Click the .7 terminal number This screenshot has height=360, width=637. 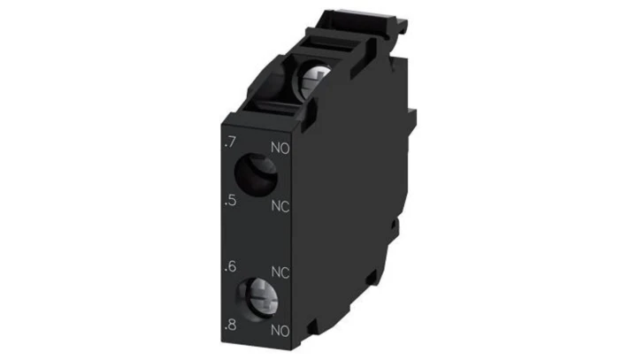230,142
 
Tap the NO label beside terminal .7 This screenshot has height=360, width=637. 280,148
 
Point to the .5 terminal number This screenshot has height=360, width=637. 230,200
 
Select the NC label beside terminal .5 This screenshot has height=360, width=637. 280,206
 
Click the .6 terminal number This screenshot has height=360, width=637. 230,266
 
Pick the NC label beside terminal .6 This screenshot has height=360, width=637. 280,272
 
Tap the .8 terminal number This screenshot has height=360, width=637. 230,325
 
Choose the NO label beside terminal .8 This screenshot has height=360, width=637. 280,330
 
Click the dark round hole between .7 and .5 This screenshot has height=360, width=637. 256,175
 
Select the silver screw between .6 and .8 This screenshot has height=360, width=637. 260,300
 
